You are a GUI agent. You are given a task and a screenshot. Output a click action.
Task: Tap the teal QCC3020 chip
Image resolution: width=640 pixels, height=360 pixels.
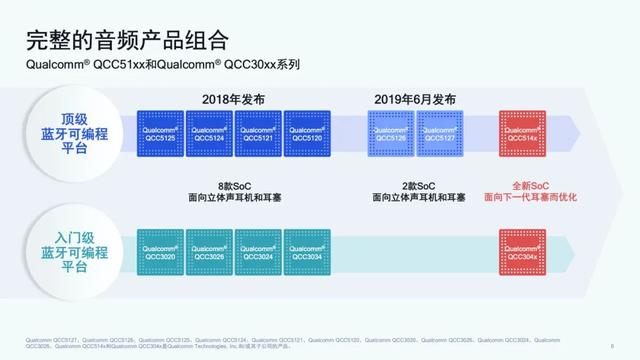tap(160, 250)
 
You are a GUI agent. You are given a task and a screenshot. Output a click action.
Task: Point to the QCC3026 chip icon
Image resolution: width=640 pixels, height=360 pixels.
tap(209, 250)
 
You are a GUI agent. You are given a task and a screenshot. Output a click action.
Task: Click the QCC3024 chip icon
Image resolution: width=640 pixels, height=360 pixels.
tap(258, 250)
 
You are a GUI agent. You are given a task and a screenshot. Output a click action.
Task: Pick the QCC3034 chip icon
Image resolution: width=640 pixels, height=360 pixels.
tap(307, 250)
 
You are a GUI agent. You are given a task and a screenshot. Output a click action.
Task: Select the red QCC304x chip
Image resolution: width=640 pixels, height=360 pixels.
tap(523, 250)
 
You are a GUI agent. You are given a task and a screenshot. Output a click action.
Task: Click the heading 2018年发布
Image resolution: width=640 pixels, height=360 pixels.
tap(234, 99)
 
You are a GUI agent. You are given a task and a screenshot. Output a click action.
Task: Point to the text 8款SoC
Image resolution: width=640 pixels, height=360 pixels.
tap(234, 186)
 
